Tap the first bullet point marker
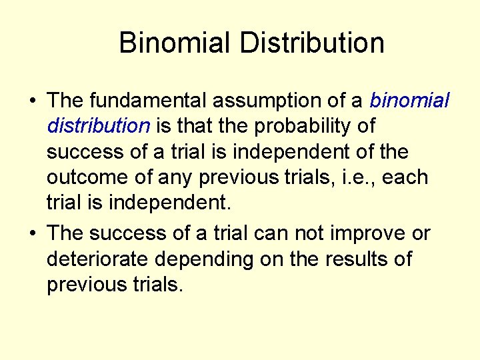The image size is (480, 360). pos(32,101)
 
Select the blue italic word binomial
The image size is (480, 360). pos(410,101)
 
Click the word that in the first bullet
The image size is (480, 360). pos(197,126)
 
